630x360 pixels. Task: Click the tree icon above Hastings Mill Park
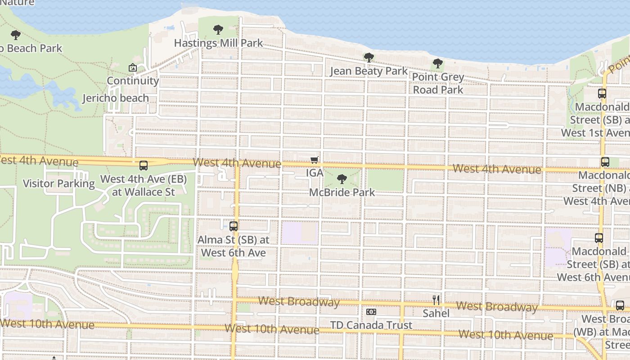(x=218, y=30)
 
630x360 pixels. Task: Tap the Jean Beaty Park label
(x=369, y=71)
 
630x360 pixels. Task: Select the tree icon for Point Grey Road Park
(x=437, y=64)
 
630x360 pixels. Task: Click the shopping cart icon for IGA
(x=315, y=160)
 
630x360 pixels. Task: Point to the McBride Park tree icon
(x=342, y=179)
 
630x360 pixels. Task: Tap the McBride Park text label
(x=342, y=192)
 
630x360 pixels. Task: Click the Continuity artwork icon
(x=133, y=67)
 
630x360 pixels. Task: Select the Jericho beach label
(x=116, y=98)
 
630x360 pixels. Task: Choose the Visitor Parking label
(x=59, y=184)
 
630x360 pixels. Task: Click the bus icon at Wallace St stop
(x=144, y=166)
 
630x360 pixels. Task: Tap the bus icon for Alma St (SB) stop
(x=234, y=226)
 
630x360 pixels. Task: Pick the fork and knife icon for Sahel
(x=436, y=300)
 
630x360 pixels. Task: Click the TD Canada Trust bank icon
(x=371, y=312)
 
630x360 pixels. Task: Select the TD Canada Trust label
(x=371, y=325)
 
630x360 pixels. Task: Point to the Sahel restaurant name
(x=436, y=313)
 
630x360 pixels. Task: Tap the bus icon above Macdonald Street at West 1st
(x=602, y=94)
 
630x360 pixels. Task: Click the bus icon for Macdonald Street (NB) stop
(x=605, y=162)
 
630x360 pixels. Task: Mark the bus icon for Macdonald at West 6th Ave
(x=599, y=238)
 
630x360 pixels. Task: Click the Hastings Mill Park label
(x=218, y=43)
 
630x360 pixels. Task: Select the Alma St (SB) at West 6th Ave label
(x=234, y=246)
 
